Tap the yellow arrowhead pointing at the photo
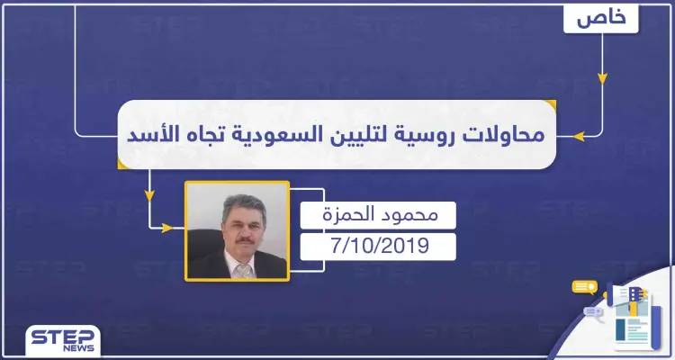[x=166, y=228]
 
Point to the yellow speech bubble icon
[x=584, y=288]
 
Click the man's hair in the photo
[x=236, y=201]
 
